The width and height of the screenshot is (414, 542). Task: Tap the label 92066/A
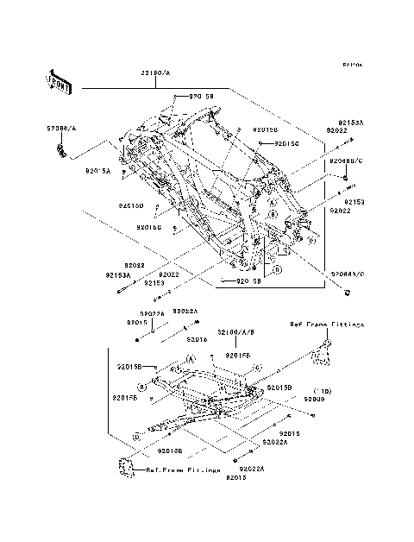pos(60,127)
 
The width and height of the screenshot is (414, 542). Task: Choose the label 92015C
pos(286,143)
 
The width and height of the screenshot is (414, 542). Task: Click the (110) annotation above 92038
pos(323,390)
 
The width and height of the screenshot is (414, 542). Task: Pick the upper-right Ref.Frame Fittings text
pos(327,325)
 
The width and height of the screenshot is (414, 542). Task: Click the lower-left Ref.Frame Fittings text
pos(183,470)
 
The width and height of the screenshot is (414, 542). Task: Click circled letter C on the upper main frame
pos(311,242)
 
